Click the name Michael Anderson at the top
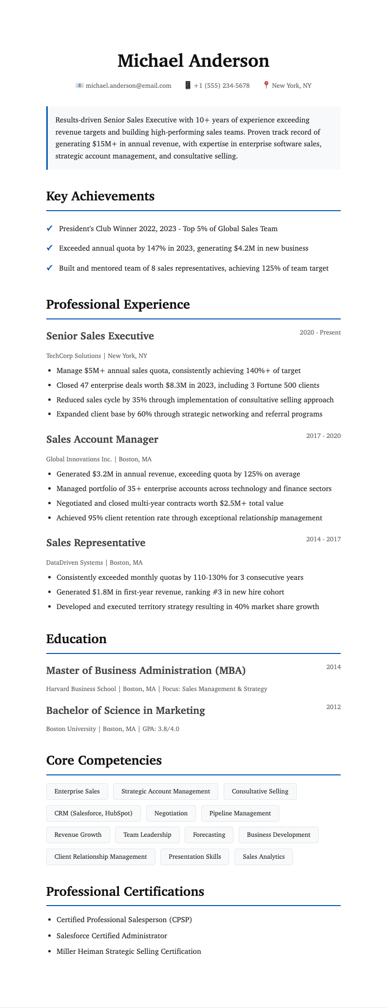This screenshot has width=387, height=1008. click(x=193, y=61)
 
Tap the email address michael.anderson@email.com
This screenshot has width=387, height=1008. click(x=128, y=86)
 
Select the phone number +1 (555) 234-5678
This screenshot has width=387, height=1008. click(x=221, y=86)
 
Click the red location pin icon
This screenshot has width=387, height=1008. click(x=266, y=85)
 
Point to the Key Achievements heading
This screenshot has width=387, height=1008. click(x=100, y=196)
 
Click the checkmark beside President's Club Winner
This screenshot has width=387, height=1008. click(x=49, y=229)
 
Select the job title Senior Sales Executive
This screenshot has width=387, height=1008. click(x=100, y=336)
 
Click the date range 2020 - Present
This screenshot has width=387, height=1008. click(x=320, y=333)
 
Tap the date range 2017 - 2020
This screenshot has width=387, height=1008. click(x=323, y=436)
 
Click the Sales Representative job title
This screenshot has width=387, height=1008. click(x=96, y=543)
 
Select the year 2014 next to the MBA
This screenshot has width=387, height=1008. click(x=333, y=667)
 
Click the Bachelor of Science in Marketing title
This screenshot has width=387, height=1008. click(x=125, y=711)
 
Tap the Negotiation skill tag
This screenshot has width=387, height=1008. click(x=171, y=813)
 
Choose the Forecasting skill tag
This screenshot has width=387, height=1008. click(x=209, y=835)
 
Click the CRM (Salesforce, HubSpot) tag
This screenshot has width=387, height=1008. click(x=93, y=813)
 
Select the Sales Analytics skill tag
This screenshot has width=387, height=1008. click(x=263, y=857)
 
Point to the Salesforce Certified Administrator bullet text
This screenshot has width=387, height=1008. click(x=112, y=936)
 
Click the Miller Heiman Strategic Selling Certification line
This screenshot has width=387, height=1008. click(x=129, y=951)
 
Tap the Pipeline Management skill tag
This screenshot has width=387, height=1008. click(x=240, y=813)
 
